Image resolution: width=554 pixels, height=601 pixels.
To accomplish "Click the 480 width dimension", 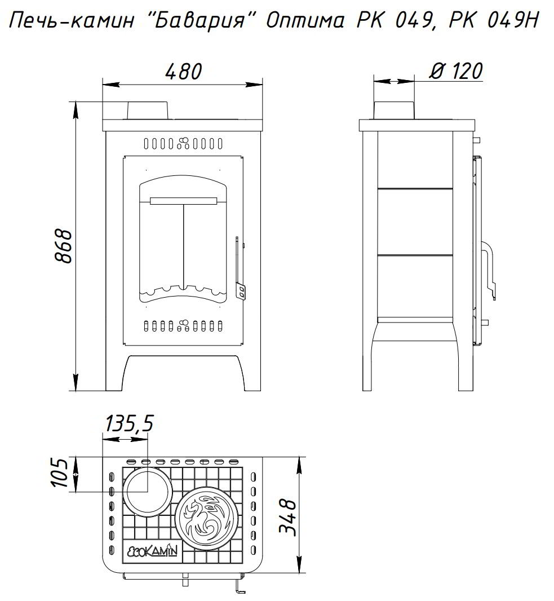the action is (183, 71).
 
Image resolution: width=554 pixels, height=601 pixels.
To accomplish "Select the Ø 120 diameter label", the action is (456, 71).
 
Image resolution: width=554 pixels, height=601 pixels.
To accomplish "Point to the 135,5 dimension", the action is (130, 423).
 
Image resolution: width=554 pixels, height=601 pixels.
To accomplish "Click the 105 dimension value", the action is (60, 472).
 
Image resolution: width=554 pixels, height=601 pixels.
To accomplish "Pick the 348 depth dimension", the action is (288, 518).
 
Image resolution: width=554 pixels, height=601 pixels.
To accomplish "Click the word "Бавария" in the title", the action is (201, 20).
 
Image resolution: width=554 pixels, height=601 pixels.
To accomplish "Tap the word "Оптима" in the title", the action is (305, 21).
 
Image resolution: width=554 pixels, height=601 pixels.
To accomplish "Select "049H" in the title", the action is (513, 20).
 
